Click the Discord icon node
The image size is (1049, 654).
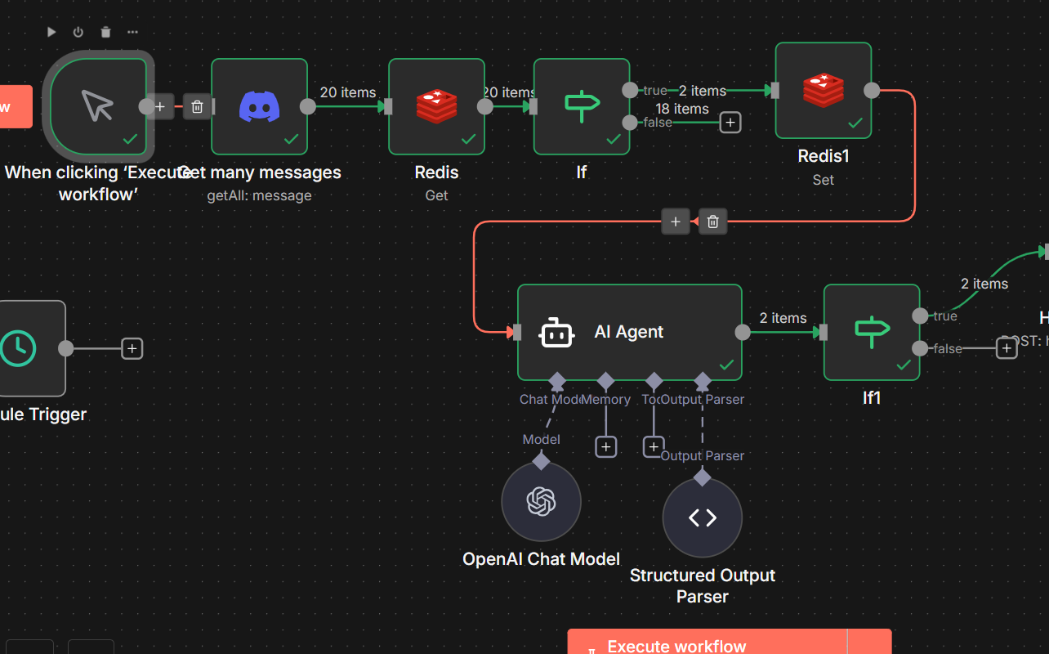pyautogui.click(x=260, y=106)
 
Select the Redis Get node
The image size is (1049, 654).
pyautogui.click(x=436, y=106)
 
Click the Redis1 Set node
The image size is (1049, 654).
pyautogui.click(x=823, y=91)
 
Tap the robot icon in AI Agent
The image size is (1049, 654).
pyautogui.click(x=556, y=333)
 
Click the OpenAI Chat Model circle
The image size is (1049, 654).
pyautogui.click(x=541, y=501)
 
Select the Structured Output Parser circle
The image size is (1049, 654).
pyautogui.click(x=702, y=517)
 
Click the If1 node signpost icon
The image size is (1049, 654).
pyautogui.click(x=871, y=331)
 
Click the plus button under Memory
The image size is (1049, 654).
pyautogui.click(x=605, y=447)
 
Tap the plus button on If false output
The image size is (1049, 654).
pyautogui.click(x=730, y=123)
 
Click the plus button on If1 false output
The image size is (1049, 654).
pyautogui.click(x=1007, y=348)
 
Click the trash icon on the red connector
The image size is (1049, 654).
pyautogui.click(x=712, y=222)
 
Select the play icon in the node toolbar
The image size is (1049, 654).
pyautogui.click(x=51, y=32)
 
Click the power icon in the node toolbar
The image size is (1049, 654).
pyautogui.click(x=78, y=32)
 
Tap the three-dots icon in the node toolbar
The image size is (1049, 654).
pyautogui.click(x=132, y=32)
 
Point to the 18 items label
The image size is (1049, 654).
pyautogui.click(x=681, y=109)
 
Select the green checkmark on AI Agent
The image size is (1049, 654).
pyautogui.click(x=726, y=365)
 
